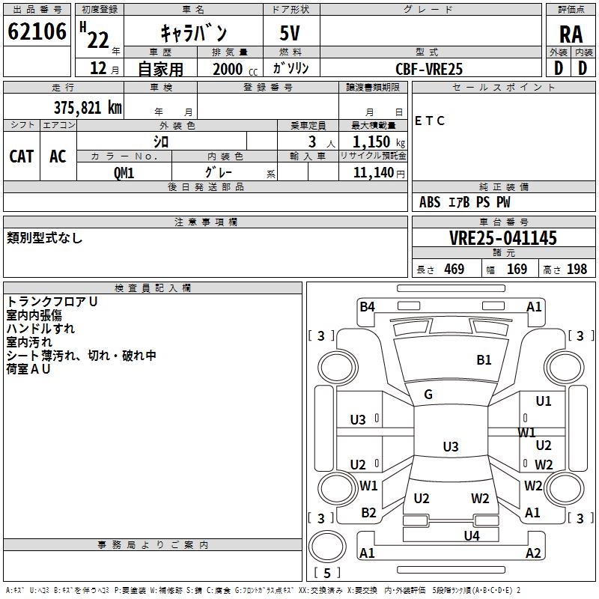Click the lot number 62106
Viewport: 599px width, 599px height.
click(37, 31)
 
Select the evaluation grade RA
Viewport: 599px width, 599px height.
click(571, 34)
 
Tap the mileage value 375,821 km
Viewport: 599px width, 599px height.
click(88, 108)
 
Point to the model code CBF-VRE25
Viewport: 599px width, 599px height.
click(429, 69)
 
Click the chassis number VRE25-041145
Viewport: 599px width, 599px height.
click(503, 238)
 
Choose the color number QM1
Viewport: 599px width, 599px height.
click(124, 173)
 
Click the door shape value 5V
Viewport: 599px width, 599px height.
click(290, 33)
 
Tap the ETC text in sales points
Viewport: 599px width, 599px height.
click(430, 121)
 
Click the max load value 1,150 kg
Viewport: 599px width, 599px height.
click(379, 142)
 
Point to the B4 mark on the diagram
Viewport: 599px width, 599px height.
click(367, 307)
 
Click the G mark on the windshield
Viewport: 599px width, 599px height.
click(428, 395)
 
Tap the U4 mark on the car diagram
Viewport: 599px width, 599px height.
click(472, 536)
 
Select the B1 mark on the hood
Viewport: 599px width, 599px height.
click(484, 360)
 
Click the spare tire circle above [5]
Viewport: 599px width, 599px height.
click(327, 547)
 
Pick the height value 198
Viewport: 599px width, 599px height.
click(577, 269)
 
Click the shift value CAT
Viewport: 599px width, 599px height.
click(22, 156)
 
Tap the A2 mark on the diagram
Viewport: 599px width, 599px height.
click(533, 553)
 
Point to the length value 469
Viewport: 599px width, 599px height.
click(454, 269)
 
